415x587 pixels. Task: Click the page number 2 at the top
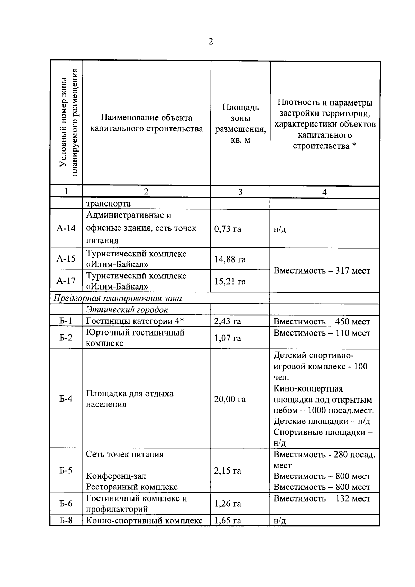point(211,42)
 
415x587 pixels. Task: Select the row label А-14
point(66,228)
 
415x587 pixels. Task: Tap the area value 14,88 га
point(230,259)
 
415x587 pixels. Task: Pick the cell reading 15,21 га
point(230,282)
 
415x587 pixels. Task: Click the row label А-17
point(66,281)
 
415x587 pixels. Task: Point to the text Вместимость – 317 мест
point(322,270)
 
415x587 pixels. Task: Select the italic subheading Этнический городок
point(127,310)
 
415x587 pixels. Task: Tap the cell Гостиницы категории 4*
point(135,321)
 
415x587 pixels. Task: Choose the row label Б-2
point(66,338)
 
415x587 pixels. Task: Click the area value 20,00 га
point(230,400)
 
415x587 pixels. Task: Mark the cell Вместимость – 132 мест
point(322,498)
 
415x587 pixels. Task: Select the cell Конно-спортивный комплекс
point(144,521)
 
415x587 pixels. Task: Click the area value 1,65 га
point(228,521)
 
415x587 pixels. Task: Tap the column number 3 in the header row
point(240,192)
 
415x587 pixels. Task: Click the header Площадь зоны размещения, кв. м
point(240,123)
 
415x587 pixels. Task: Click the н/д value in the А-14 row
point(280,229)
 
